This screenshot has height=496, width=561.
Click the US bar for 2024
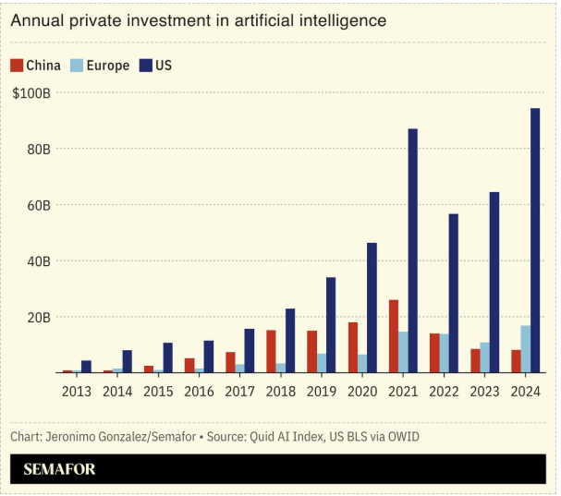click(x=535, y=240)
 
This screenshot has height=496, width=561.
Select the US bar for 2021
click(x=412, y=250)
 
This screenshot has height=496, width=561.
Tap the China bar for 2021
click(x=394, y=336)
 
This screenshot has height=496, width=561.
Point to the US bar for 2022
click(x=453, y=293)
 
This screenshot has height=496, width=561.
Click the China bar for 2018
click(x=271, y=351)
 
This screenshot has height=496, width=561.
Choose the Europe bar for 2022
click(x=444, y=353)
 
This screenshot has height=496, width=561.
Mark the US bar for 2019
click(x=331, y=324)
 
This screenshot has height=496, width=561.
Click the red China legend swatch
click(x=17, y=66)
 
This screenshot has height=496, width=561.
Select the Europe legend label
click(x=109, y=66)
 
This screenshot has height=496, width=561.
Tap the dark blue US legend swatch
click(x=146, y=66)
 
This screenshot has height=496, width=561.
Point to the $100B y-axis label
click(x=31, y=92)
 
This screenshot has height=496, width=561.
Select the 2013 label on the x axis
click(x=77, y=391)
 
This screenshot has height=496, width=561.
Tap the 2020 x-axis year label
click(x=362, y=391)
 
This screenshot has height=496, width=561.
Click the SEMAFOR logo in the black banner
click(x=59, y=469)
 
